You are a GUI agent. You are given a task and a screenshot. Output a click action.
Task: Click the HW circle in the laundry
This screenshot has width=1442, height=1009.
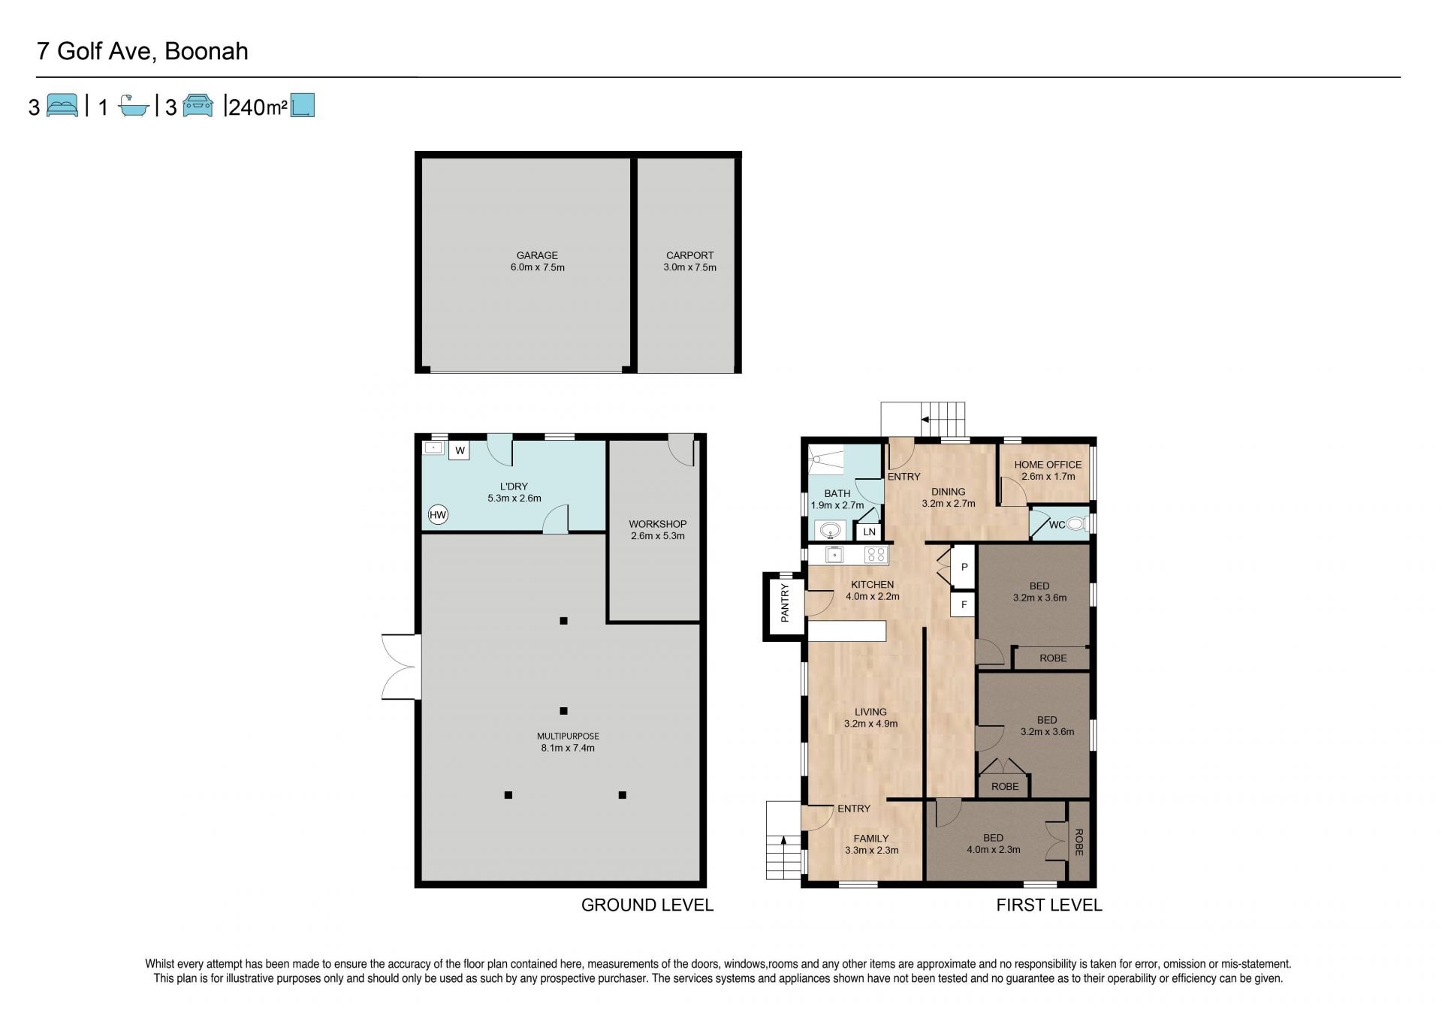coord(438,515)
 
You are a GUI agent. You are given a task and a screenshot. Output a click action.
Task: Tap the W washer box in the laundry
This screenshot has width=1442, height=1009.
coord(460,450)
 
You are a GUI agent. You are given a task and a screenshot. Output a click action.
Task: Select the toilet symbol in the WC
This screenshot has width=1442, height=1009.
coord(1077,524)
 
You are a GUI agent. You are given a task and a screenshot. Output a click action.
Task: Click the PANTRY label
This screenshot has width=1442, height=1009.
coord(785,603)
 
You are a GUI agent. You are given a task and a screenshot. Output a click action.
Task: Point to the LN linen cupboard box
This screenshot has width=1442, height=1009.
coord(869,532)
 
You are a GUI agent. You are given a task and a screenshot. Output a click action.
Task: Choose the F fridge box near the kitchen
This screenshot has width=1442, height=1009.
coord(964,604)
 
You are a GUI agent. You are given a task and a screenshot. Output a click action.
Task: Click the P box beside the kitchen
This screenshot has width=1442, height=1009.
coord(964,567)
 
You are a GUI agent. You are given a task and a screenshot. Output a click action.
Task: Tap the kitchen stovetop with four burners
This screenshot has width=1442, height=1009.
coord(876,555)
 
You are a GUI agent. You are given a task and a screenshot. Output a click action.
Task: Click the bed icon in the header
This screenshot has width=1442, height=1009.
coord(62,105)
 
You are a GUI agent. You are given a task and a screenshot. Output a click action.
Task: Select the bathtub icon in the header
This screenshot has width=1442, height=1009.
coord(135,106)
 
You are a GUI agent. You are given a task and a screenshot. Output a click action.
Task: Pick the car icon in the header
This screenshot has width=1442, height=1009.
coord(198,105)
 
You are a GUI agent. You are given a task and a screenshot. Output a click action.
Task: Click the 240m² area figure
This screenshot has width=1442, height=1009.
coord(258,107)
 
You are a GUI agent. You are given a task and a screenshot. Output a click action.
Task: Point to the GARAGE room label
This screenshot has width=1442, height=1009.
coord(537,255)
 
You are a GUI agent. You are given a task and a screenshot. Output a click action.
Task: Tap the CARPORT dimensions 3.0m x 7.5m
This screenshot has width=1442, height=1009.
coord(689,267)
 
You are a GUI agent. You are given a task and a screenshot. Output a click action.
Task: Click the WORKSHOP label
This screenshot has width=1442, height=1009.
coord(658,524)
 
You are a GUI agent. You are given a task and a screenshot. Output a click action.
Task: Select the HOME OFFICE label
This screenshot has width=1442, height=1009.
coord(1048,465)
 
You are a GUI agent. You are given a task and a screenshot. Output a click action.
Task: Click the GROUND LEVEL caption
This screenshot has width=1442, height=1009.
coord(647,905)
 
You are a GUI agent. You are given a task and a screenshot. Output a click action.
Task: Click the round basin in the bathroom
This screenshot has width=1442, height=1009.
coord(830,531)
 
